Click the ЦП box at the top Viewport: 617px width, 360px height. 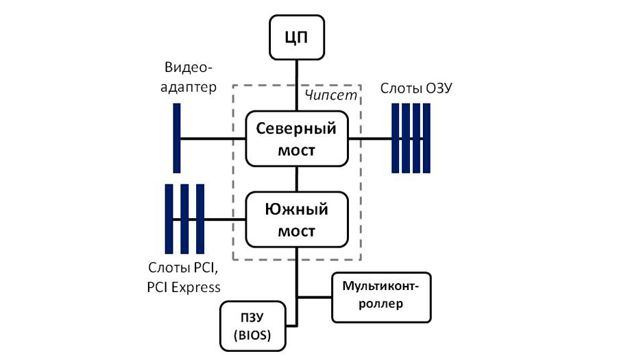click(x=296, y=36)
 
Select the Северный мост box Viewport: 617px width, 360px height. click(x=296, y=139)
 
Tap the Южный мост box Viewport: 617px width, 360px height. click(x=296, y=219)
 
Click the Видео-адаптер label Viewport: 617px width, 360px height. click(x=189, y=77)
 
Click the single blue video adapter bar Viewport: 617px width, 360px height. click(x=177, y=138)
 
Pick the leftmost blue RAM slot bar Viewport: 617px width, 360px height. click(x=395, y=138)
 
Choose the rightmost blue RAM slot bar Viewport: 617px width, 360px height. click(x=426, y=138)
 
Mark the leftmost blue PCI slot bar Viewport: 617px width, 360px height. click(x=169, y=219)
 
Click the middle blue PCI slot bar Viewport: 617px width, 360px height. click(x=185, y=219)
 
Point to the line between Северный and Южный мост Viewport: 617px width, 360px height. click(x=296, y=179)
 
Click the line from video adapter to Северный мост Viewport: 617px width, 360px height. click(x=213, y=139)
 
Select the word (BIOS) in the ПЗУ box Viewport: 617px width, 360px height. click(x=252, y=336)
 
